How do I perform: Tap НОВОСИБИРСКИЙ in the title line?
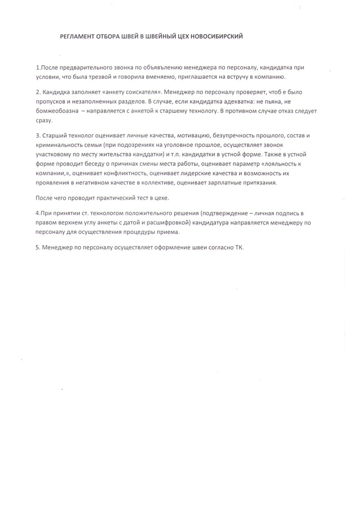coord(220,37)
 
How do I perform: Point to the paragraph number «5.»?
coord(38,247)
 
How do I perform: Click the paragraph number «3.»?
coord(38,135)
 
